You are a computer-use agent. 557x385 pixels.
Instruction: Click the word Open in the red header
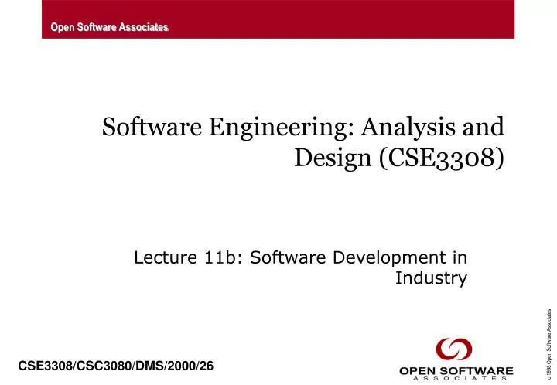62,28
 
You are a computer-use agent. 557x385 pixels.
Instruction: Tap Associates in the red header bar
142,28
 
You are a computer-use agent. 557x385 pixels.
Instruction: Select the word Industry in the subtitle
431,278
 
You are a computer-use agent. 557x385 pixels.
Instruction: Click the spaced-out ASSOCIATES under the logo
456,380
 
